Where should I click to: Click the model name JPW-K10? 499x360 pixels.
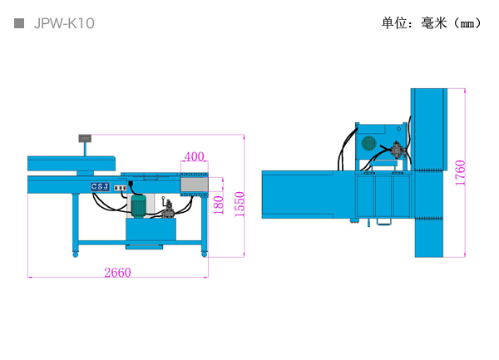pyautogui.click(x=64, y=23)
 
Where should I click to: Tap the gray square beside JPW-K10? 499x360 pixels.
pyautogui.click(x=19, y=23)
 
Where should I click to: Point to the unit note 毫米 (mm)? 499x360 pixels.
pyautogui.click(x=451, y=23)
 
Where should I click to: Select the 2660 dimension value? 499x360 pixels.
pyautogui.click(x=118, y=273)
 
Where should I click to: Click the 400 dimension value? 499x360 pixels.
pyautogui.click(x=194, y=156)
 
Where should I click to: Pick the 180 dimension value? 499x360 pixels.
pyautogui.click(x=218, y=205)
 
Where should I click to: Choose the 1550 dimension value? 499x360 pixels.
pyautogui.click(x=240, y=205)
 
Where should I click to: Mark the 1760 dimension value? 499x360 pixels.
pyautogui.click(x=460, y=173)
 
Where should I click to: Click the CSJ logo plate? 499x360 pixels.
pyautogui.click(x=101, y=187)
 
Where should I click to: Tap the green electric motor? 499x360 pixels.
pyautogui.click(x=139, y=205)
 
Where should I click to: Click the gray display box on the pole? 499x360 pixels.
pyautogui.click(x=85, y=138)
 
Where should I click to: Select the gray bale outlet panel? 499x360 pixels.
pyautogui.click(x=195, y=185)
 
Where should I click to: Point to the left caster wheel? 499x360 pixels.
pyautogui.click(x=76, y=254)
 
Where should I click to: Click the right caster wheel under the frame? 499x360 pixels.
pyautogui.click(x=205, y=254)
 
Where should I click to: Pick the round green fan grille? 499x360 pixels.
pyautogui.click(x=369, y=143)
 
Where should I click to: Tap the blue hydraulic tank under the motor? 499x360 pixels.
pyautogui.click(x=151, y=229)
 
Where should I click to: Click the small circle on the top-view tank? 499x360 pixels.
pyautogui.click(x=399, y=129)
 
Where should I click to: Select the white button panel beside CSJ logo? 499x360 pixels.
pyautogui.click(x=121, y=188)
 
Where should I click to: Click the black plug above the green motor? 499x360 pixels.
pyautogui.click(x=131, y=183)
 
